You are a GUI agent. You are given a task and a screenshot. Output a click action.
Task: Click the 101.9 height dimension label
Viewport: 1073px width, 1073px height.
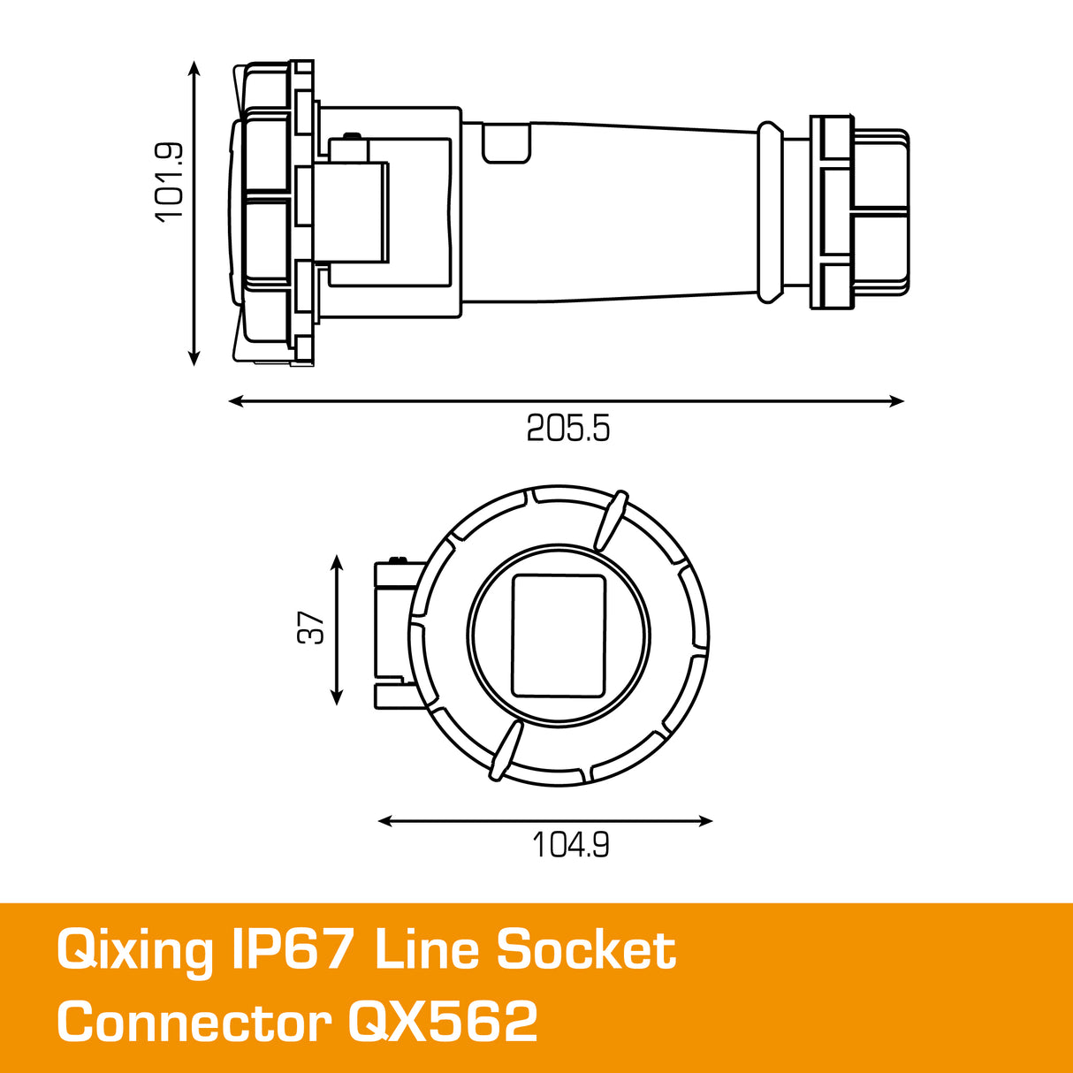pyautogui.click(x=168, y=181)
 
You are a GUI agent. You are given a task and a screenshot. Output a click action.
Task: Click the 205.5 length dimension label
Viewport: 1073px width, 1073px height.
pyautogui.click(x=568, y=429)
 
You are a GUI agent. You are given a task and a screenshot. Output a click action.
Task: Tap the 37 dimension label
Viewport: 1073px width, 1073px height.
pyautogui.click(x=312, y=628)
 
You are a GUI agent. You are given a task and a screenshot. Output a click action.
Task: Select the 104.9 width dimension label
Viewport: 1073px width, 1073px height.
pyautogui.click(x=570, y=846)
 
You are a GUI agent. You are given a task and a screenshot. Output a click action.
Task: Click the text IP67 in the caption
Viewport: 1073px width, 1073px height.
pyautogui.click(x=292, y=950)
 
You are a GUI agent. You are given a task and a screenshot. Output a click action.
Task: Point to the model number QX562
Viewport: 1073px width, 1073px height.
pyautogui.click(x=443, y=1023)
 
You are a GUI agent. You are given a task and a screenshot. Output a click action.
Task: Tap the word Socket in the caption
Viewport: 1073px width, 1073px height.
pyautogui.click(x=586, y=950)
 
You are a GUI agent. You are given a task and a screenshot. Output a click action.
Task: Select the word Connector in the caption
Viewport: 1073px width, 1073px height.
pyautogui.click(x=194, y=1023)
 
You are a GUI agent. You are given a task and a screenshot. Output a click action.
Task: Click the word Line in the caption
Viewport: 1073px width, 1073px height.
pyautogui.click(x=426, y=950)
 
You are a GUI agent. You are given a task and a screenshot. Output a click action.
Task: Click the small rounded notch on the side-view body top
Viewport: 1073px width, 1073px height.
pyautogui.click(x=506, y=144)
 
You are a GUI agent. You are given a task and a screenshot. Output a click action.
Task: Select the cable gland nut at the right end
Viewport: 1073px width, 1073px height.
pyautogui.click(x=861, y=212)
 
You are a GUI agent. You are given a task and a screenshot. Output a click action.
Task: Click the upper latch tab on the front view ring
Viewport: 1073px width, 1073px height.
pyautogui.click(x=611, y=520)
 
